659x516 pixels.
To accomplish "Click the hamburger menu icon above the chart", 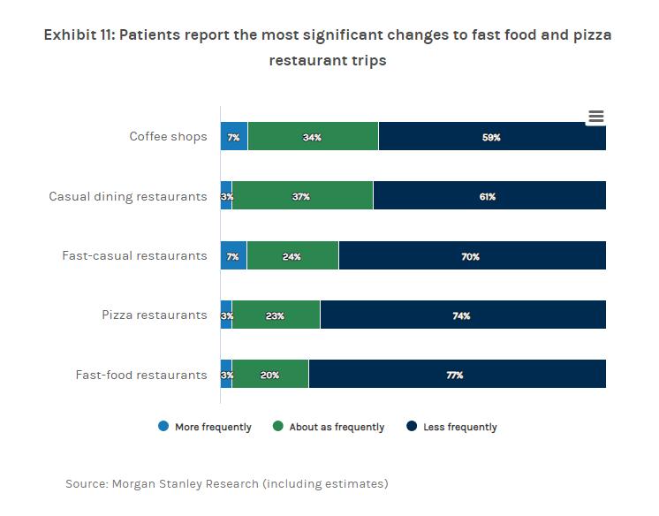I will pos(595,117).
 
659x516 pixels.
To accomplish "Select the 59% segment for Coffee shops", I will pos(492,137).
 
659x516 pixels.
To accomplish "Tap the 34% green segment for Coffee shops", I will pos(313,137).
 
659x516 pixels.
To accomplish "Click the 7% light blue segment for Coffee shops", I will pos(234,137).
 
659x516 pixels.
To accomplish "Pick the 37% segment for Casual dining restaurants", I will pos(302,196).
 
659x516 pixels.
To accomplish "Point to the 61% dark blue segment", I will pos(489,196).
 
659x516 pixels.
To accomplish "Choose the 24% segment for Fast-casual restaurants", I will pos(292,256).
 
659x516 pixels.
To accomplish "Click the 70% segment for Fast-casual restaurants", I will pos(472,256).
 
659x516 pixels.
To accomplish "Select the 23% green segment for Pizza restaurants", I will pos(276,315).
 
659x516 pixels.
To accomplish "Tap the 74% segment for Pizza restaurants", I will pos(462,315).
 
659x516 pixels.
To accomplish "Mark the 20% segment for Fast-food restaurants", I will pos(270,375).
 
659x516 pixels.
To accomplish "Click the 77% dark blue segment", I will pos(457,375).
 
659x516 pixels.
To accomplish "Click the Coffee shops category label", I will pos(168,137).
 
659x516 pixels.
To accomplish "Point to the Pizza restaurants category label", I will pos(154,315).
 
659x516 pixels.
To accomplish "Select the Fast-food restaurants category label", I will pos(141,375).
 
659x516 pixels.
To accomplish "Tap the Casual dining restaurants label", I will pos(128,196).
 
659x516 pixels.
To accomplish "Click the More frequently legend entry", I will pos(213,427).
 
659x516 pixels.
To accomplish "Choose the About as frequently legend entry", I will pos(337,427).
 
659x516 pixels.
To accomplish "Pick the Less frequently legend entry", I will pos(459,427).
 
